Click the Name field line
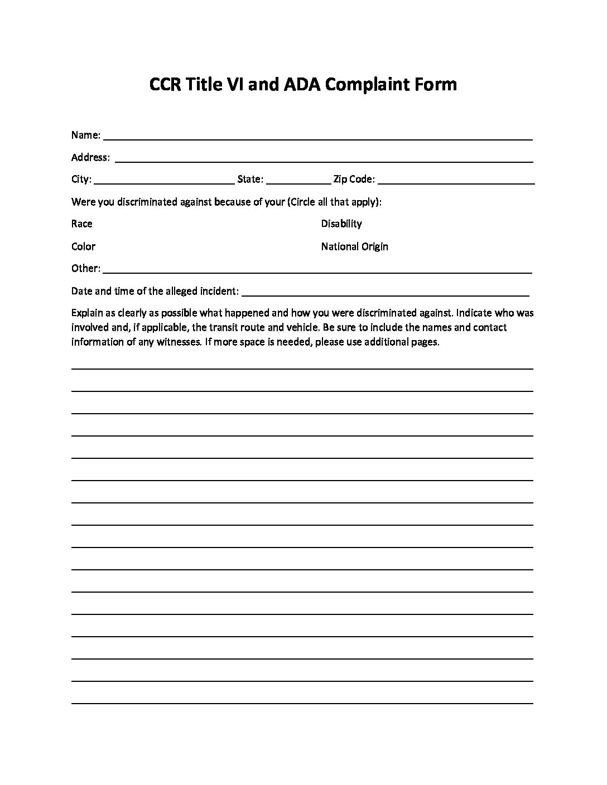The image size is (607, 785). [x=318, y=136]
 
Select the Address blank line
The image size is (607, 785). [x=324, y=158]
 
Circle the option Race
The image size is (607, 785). [x=82, y=224]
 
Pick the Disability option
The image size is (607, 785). [x=341, y=224]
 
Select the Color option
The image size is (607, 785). [x=83, y=246]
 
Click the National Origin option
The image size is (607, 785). [x=354, y=246]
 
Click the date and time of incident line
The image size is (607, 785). [x=386, y=292]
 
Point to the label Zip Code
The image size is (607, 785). [x=354, y=180]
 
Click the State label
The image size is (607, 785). [x=250, y=180]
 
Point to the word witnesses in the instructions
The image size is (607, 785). [x=178, y=342]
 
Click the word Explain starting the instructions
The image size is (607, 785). [x=86, y=313]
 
